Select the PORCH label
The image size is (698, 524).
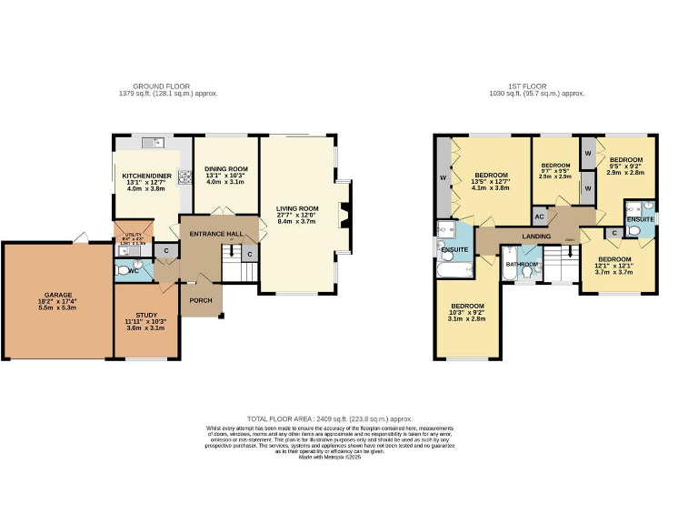[200, 299]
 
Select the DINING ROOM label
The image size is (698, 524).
[225, 168]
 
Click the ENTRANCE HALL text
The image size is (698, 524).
[216, 234]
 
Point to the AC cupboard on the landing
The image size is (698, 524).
[539, 217]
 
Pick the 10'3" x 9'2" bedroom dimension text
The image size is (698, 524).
[468, 313]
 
